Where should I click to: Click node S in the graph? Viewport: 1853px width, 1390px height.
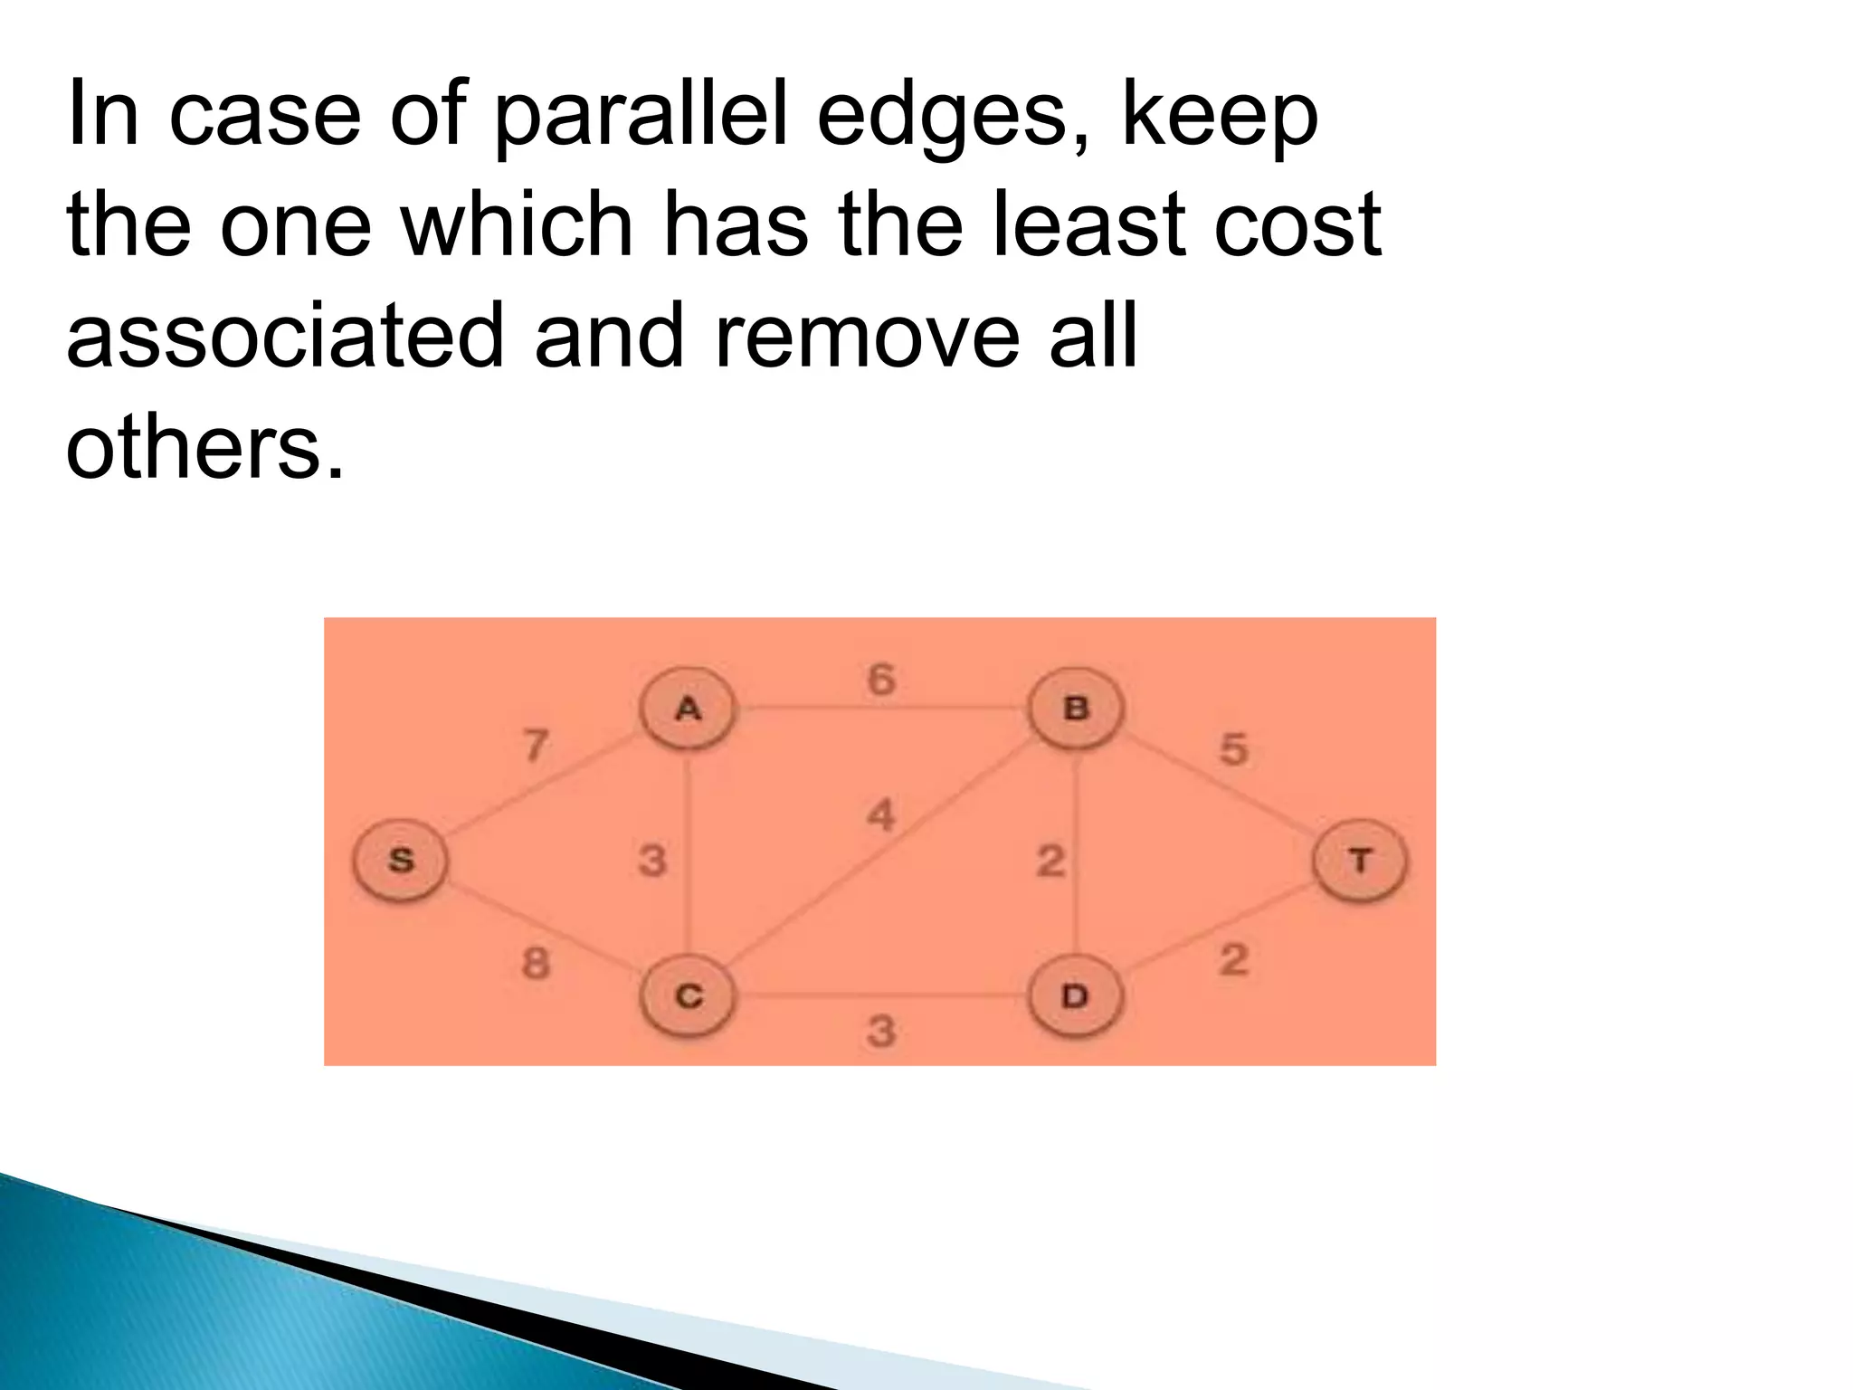point(400,860)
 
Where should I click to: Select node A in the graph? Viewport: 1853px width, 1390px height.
point(688,709)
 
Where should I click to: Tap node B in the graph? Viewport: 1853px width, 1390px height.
point(1075,708)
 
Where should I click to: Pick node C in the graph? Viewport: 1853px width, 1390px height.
point(688,996)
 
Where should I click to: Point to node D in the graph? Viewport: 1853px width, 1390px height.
point(1075,996)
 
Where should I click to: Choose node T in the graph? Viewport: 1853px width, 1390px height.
point(1359,860)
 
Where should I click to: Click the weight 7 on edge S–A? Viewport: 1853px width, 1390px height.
point(537,747)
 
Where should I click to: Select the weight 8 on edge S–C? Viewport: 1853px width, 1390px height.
point(536,963)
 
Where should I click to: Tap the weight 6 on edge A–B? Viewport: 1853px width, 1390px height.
point(880,680)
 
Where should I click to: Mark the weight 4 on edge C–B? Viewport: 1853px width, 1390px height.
point(880,815)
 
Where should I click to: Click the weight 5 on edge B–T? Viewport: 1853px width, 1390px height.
point(1233,749)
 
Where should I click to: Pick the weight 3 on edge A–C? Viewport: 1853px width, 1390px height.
point(651,860)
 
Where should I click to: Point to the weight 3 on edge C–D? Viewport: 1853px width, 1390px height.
point(880,1031)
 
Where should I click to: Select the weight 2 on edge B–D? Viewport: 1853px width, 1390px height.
point(1050,860)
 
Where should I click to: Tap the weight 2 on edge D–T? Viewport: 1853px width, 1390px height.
point(1233,960)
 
